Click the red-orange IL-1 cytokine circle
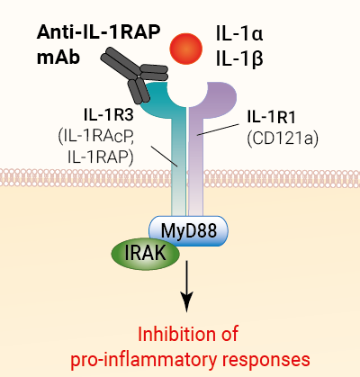(186, 49)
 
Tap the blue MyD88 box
(188, 231)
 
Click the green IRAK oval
(146, 254)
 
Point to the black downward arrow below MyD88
(187, 286)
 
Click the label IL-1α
(239, 33)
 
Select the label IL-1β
(239, 59)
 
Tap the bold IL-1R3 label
(108, 115)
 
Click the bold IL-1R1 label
(271, 117)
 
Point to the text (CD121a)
(283, 139)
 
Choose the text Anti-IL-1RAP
(99, 31)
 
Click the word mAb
(58, 57)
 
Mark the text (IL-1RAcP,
(95, 138)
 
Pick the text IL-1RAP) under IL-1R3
(101, 157)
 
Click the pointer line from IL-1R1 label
(218, 130)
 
